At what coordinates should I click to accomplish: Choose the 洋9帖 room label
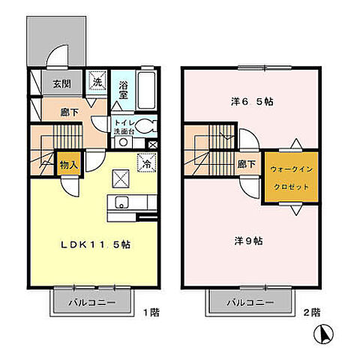[249, 240]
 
